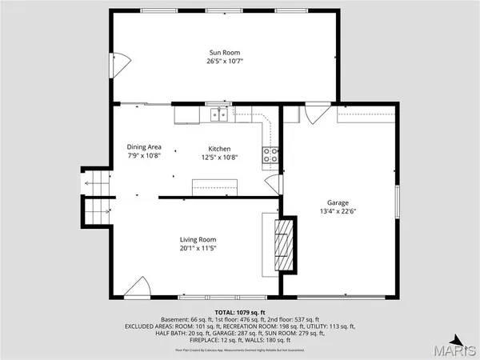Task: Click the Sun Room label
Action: coord(220,52)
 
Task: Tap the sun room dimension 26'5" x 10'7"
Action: coord(220,61)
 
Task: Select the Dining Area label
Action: coord(144,146)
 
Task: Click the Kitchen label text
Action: coord(220,149)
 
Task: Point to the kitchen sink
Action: coord(219,115)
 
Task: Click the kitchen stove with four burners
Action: coord(270,155)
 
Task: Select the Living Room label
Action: coord(197,239)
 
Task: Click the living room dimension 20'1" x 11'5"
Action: coord(197,248)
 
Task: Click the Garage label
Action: coord(338,202)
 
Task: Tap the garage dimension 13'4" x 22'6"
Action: coord(338,211)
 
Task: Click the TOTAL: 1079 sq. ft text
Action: coord(239,312)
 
